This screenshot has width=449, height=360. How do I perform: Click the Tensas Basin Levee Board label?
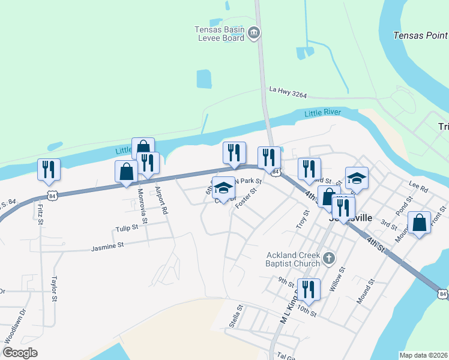tap(219, 33)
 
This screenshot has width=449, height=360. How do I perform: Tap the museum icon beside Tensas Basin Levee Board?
tap(255, 32)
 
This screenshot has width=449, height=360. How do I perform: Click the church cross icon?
tap(328, 259)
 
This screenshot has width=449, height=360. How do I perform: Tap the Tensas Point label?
tap(420, 35)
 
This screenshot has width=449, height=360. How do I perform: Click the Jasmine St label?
tap(107, 245)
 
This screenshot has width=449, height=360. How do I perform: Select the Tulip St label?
tap(127, 228)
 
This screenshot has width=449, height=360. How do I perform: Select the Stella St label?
tap(235, 316)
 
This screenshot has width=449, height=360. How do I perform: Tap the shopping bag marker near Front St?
tap(419, 223)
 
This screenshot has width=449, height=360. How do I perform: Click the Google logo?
tap(20, 353)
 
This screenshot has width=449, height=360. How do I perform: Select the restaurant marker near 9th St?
tap(309, 289)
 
